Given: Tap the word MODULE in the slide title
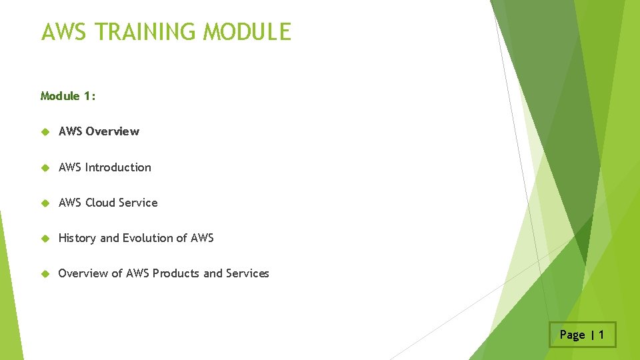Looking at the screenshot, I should click(247, 32).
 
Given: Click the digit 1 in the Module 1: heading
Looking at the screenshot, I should click(88, 96).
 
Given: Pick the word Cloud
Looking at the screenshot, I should click(99, 203).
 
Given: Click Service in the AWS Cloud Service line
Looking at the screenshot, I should click(137, 203).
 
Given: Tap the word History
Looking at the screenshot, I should click(77, 238).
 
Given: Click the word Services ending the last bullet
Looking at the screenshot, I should click(247, 273).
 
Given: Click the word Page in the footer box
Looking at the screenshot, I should click(572, 335).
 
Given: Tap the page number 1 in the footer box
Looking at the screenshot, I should click(601, 335).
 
